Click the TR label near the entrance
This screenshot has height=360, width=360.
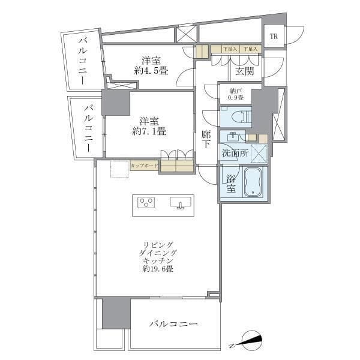pos(274,37)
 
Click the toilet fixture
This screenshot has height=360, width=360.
pos(240,116)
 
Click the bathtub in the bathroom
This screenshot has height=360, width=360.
pos(254,182)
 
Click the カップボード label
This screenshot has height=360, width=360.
pos(144,165)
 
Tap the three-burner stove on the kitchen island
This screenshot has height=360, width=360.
pos(146,202)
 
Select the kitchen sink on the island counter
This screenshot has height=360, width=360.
pos(181,203)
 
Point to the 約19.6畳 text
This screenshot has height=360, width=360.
pos(158,270)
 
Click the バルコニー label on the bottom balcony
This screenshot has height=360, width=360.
pos(173,324)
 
